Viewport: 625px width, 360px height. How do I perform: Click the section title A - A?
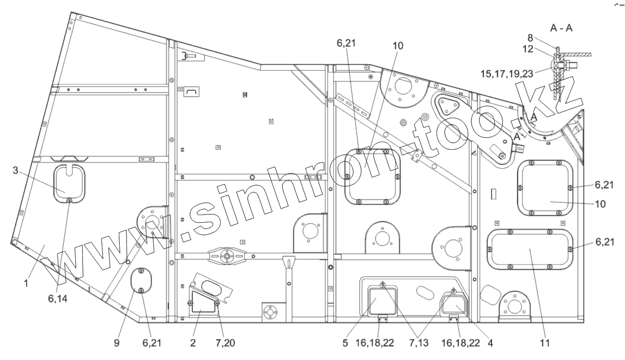(561, 28)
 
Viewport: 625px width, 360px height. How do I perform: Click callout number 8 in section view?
(530, 38)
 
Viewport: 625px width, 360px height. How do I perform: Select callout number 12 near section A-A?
(528, 48)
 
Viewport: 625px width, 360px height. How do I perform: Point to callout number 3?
(15, 170)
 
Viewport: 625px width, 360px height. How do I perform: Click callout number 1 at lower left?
(26, 284)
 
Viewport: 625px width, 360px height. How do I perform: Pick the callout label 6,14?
(58, 298)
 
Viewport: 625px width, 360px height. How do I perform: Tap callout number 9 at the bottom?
(117, 343)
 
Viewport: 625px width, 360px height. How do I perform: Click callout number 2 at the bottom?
(193, 343)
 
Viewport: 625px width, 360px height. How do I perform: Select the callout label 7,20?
(225, 343)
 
